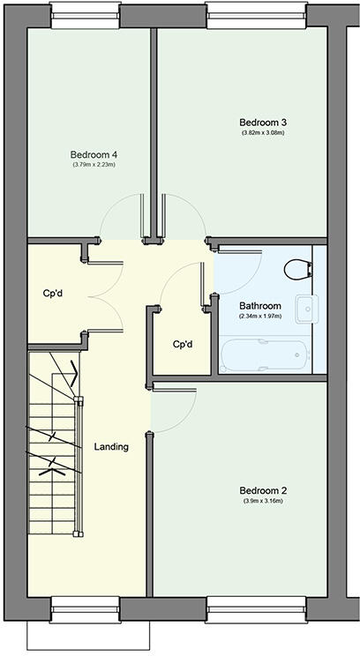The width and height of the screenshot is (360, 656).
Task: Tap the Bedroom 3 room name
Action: click(x=263, y=123)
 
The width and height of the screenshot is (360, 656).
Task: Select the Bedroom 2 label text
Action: click(x=263, y=491)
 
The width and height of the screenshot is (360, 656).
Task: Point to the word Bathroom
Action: click(x=260, y=306)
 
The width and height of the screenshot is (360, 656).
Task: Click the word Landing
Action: click(x=111, y=446)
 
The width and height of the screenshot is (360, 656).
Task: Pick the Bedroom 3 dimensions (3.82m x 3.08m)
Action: click(x=263, y=133)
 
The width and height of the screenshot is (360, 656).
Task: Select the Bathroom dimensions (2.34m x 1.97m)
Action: click(x=260, y=317)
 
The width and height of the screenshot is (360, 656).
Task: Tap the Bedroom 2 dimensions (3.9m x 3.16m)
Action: click(x=263, y=502)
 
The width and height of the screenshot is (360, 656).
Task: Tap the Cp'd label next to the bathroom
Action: click(x=183, y=344)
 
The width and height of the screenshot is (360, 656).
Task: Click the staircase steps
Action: click(x=51, y=441)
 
